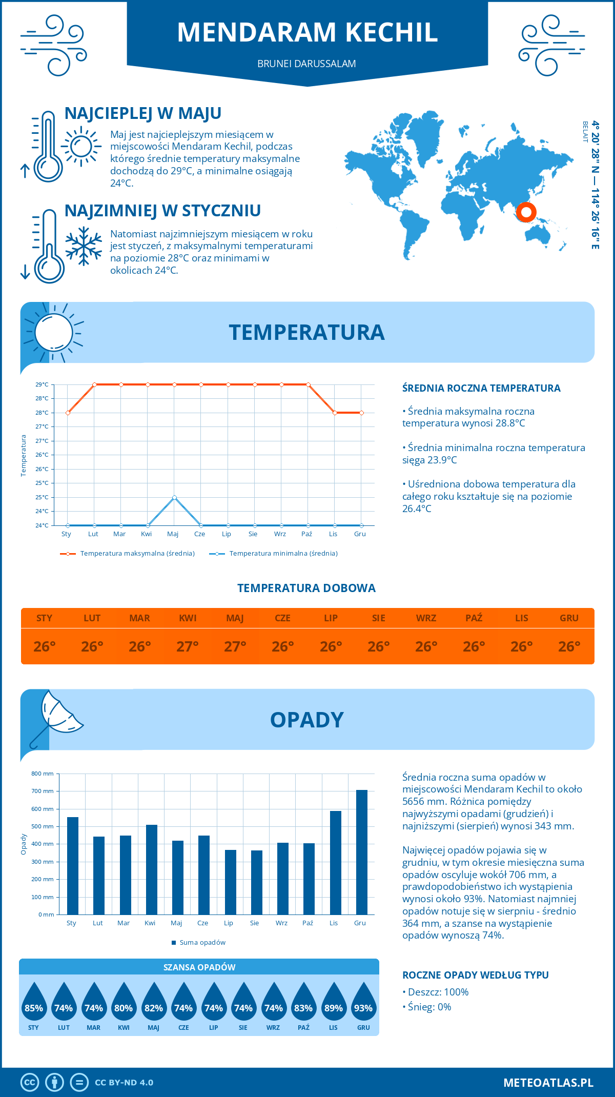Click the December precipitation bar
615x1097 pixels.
(362, 852)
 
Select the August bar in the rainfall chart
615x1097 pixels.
(257, 882)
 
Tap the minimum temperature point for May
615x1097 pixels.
(175, 497)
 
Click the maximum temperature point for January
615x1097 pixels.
(68, 413)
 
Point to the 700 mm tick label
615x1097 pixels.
(42, 791)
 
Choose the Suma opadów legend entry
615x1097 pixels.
(202, 943)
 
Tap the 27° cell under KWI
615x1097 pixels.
(188, 646)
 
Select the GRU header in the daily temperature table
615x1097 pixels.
(569, 618)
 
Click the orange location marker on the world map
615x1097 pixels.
(526, 212)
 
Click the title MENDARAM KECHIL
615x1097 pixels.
(307, 32)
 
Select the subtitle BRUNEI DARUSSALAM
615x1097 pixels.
(306, 64)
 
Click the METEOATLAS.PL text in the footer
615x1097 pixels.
(548, 1083)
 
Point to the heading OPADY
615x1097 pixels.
(306, 720)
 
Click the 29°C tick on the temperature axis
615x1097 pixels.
(42, 384)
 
